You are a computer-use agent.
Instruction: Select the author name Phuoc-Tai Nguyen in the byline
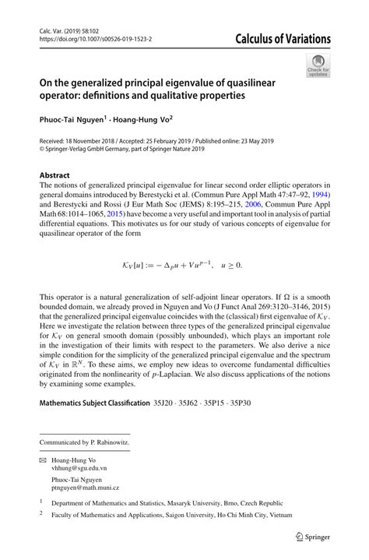click(x=75, y=121)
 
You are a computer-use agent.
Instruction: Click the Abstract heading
click(x=56, y=176)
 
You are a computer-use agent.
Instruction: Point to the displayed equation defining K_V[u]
click(x=184, y=265)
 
